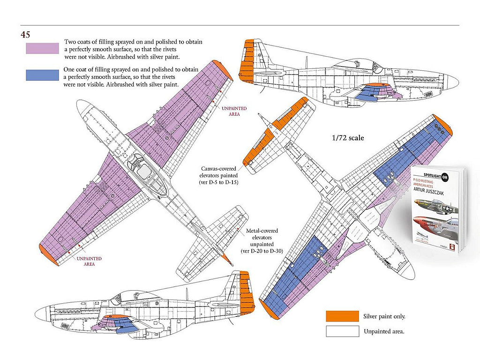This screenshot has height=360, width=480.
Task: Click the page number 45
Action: click(25, 34)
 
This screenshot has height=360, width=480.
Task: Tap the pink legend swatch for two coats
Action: click(42, 49)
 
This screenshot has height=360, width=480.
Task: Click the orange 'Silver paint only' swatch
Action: click(342, 316)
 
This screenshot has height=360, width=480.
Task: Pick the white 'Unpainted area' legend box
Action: click(342, 331)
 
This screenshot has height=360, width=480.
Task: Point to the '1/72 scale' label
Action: click(348, 138)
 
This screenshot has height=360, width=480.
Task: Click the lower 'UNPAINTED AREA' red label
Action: click(89, 261)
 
